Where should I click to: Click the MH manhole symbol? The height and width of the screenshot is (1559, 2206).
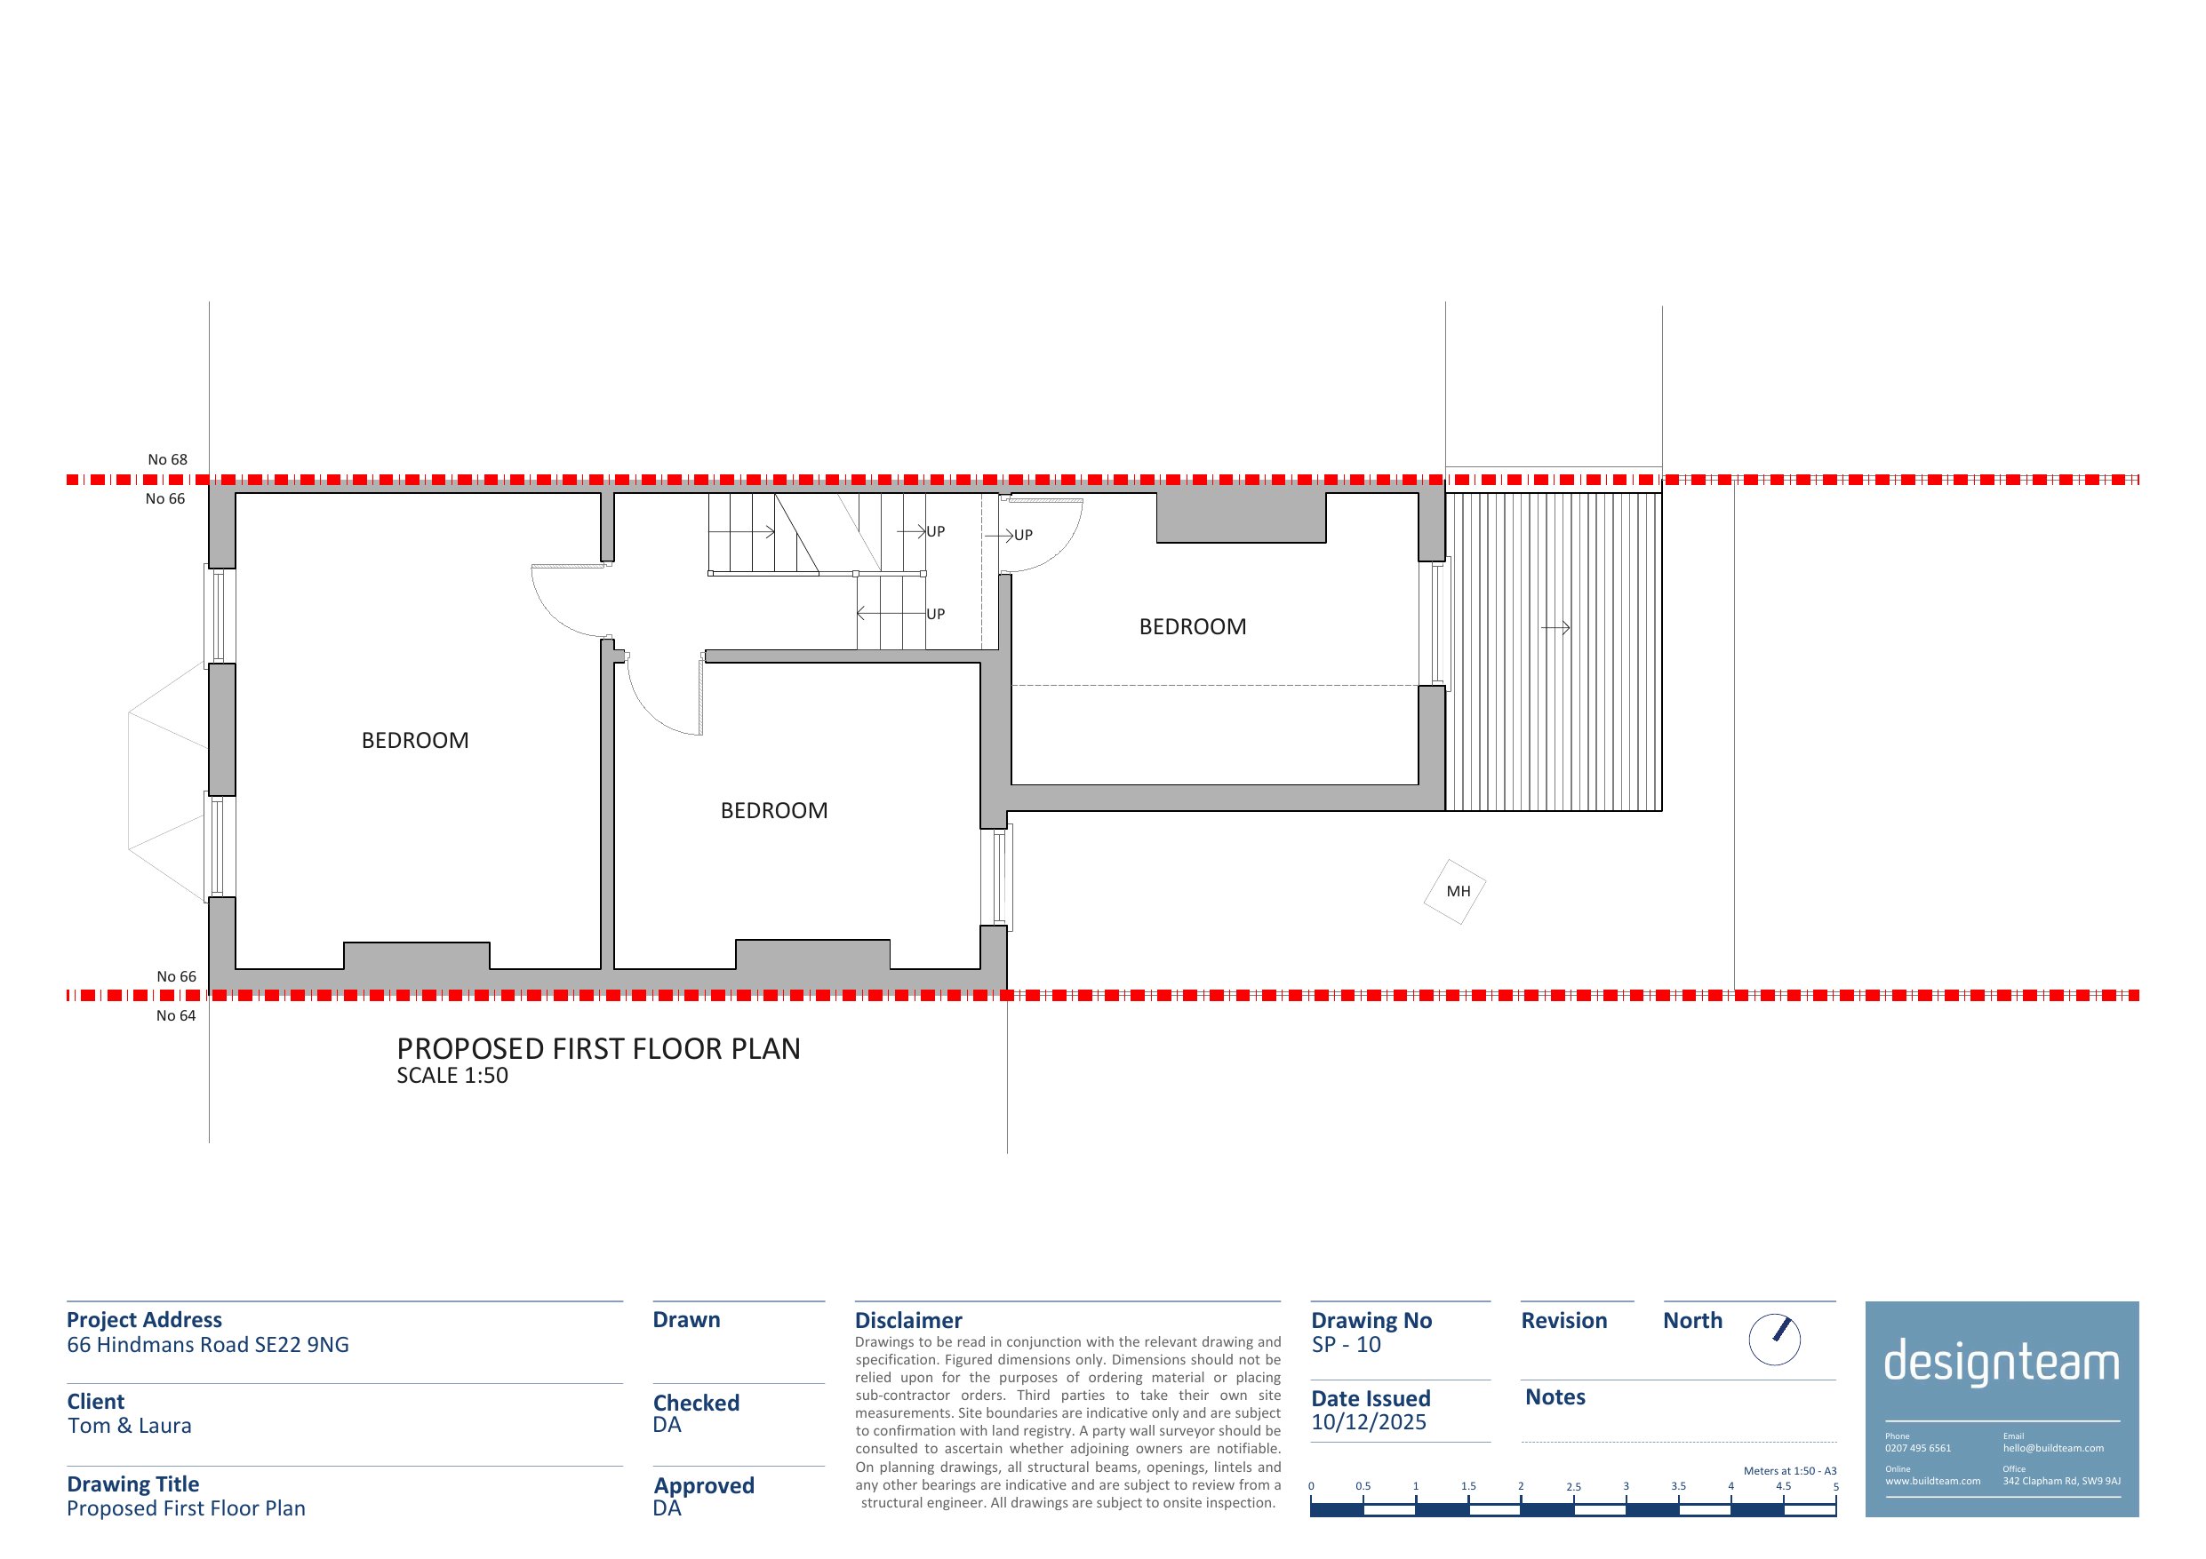(1455, 891)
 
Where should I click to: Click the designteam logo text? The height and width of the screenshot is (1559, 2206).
(2002, 1363)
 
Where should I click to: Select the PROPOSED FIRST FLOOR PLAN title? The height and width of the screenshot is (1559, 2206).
(598, 1049)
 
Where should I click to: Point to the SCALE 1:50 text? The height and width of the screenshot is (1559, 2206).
(452, 1076)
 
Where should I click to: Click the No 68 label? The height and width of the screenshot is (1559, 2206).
(167, 460)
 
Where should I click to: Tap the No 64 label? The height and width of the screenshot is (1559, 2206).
(176, 1016)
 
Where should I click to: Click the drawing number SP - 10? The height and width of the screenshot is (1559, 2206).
(1346, 1345)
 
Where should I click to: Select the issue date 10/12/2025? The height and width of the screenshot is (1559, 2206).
(1369, 1422)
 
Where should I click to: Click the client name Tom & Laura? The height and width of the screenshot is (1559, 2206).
(130, 1427)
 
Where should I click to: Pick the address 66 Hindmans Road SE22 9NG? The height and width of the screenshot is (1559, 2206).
(207, 1345)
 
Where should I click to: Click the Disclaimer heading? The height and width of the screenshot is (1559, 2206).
(908, 1321)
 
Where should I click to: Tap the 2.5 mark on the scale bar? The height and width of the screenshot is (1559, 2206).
(1573, 1487)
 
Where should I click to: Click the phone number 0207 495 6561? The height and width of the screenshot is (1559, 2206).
(1918, 1449)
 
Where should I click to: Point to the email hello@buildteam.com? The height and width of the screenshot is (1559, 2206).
(2053, 1449)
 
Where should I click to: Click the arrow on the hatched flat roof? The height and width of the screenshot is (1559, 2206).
(1555, 628)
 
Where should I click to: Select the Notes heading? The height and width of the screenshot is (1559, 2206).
(1555, 1397)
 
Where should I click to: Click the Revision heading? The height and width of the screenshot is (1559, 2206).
(1564, 1321)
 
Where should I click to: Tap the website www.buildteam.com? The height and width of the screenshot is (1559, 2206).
(1932, 1481)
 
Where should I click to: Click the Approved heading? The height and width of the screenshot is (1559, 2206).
(704, 1486)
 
